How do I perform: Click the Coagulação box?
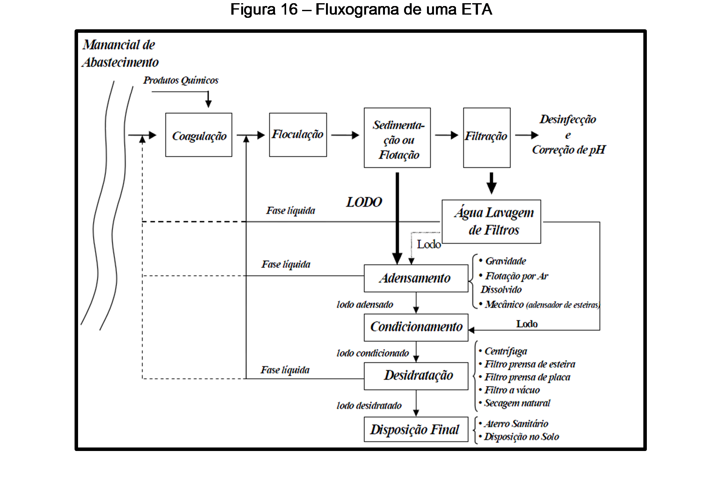click(x=199, y=135)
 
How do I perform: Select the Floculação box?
click(x=298, y=135)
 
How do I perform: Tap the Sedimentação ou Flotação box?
click(x=397, y=138)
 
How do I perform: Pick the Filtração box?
click(x=486, y=137)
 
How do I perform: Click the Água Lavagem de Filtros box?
click(x=491, y=222)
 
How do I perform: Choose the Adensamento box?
click(x=416, y=278)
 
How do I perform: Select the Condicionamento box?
click(x=416, y=327)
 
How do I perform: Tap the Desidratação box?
click(x=416, y=376)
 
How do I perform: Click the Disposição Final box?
click(x=416, y=429)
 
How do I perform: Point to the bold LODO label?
click(x=364, y=202)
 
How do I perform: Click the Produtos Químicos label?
click(x=181, y=80)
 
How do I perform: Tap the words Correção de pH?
click(x=568, y=150)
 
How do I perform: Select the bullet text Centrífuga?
click(x=505, y=351)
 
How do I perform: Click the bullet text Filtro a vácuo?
click(x=512, y=390)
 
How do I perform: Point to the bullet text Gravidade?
click(x=505, y=261)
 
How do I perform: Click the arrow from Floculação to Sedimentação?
click(x=345, y=135)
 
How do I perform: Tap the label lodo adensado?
click(x=365, y=305)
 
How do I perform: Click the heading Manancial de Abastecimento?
click(x=120, y=53)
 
